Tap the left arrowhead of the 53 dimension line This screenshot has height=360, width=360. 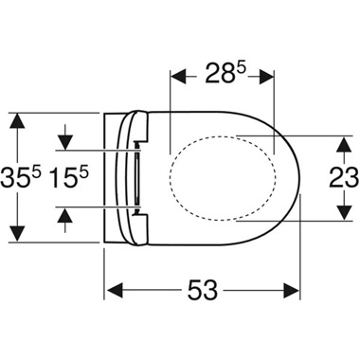[108, 287]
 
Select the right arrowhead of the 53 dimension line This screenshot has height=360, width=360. [297, 287]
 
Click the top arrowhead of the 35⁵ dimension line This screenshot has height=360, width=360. [16, 118]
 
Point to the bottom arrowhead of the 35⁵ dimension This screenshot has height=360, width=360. [16, 236]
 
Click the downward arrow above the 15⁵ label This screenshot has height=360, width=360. [64, 143]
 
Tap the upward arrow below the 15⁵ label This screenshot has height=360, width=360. [64, 213]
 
